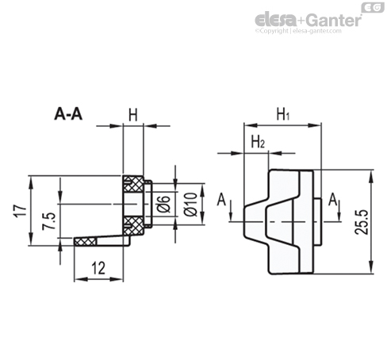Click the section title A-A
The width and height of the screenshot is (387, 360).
(68, 114)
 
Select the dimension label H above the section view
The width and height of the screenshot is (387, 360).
(133, 115)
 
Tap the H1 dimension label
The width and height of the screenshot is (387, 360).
(283, 115)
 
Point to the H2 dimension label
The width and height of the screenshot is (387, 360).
(258, 142)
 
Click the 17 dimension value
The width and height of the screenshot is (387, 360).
(21, 211)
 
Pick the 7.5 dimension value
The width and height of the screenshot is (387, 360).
(49, 221)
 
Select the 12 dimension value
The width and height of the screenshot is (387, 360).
(98, 268)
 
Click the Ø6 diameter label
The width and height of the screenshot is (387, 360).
(163, 204)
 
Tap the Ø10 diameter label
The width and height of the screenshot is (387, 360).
(191, 205)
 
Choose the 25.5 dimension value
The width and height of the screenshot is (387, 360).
(362, 222)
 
